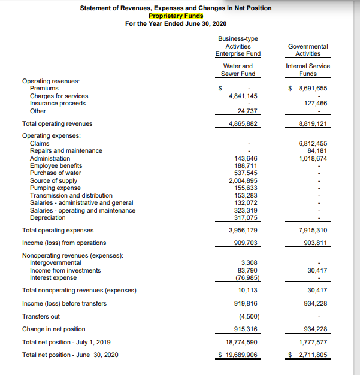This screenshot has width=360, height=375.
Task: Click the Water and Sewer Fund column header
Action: coord(238,69)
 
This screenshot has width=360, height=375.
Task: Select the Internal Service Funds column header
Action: coord(308,69)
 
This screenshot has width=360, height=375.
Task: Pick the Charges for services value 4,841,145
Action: coord(243,96)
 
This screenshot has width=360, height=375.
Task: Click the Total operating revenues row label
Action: coord(57,123)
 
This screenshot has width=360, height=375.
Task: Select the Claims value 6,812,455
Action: coord(313,143)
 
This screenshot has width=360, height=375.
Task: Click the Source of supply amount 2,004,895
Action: coord(243,180)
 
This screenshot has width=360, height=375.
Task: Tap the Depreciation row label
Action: coord(48,217)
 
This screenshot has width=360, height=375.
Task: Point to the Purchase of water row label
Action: coord(56,173)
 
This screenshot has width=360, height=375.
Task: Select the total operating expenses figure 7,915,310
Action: coord(313,231)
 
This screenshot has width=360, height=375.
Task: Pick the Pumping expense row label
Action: coord(55,187)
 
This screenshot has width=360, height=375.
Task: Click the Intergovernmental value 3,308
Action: coord(249,262)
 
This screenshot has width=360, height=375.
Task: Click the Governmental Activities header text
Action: coord(308,50)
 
